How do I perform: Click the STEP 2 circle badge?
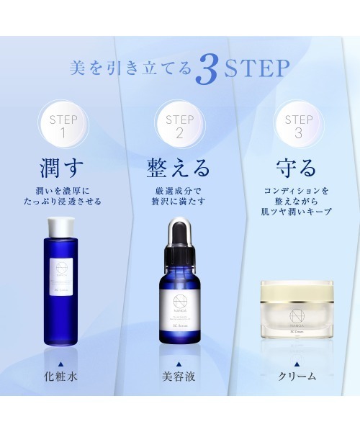179,125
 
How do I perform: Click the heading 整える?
179,168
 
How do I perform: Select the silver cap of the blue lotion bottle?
61,227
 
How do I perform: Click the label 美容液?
179,375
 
